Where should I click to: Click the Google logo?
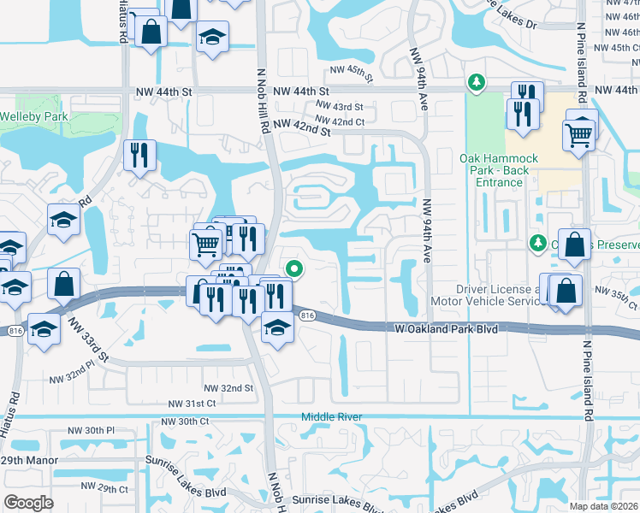28,503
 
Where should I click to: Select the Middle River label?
331,417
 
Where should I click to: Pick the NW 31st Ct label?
191,404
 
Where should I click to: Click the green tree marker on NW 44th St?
476,82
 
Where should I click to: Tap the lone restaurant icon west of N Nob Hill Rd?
139,154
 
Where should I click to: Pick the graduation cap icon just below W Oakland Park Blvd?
276,327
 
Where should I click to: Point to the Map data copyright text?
603,505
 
